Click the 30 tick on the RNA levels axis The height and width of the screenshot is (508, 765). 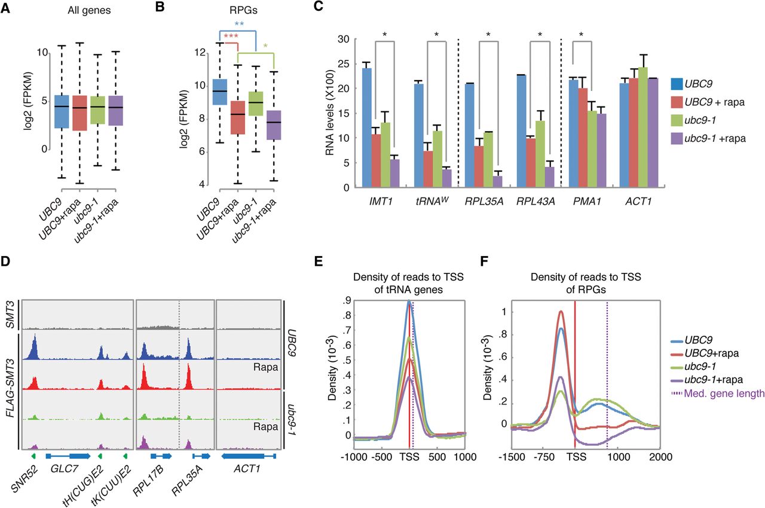point(342,39)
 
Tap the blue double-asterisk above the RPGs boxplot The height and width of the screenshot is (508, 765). point(239,25)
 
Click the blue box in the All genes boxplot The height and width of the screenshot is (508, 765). point(62,111)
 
